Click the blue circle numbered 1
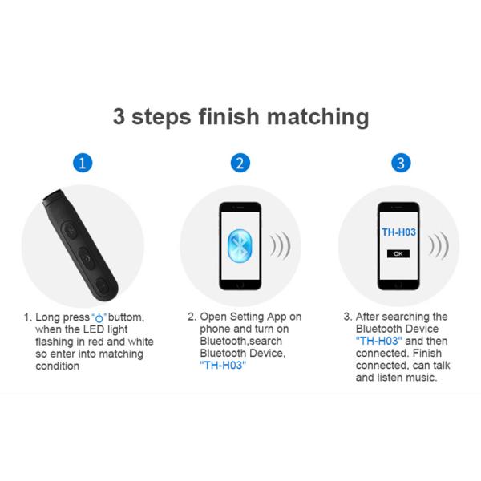tap(83, 163)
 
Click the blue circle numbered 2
tap(240, 163)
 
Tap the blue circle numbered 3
tap(402, 163)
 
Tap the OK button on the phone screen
tap(398, 253)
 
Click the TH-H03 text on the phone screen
tap(398, 233)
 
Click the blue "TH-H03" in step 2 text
tap(222, 365)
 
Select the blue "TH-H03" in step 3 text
tap(379, 341)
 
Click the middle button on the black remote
tap(86, 259)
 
